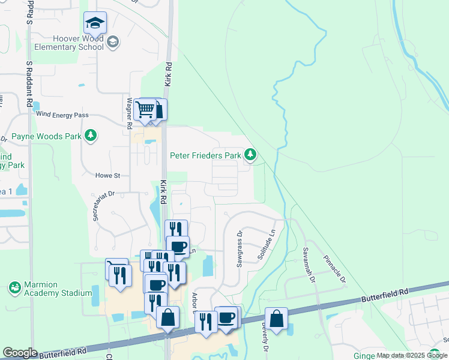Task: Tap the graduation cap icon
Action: pyautogui.click(x=95, y=23)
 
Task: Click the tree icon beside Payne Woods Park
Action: pyautogui.click(x=91, y=136)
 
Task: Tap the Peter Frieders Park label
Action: pyautogui.click(x=205, y=155)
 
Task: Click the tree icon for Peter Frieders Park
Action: pyautogui.click(x=250, y=155)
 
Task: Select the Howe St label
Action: pyautogui.click(x=108, y=176)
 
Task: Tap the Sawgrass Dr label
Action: pyautogui.click(x=240, y=248)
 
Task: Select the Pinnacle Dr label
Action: pyautogui.click(x=335, y=271)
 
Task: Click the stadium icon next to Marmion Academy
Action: pyautogui.click(x=14, y=289)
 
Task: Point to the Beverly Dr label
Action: pyautogui.click(x=263, y=337)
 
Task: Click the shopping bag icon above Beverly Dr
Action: pyautogui.click(x=276, y=319)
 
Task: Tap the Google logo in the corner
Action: pyautogui.click(x=20, y=353)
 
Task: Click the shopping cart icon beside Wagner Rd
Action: pyautogui.click(x=145, y=110)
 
